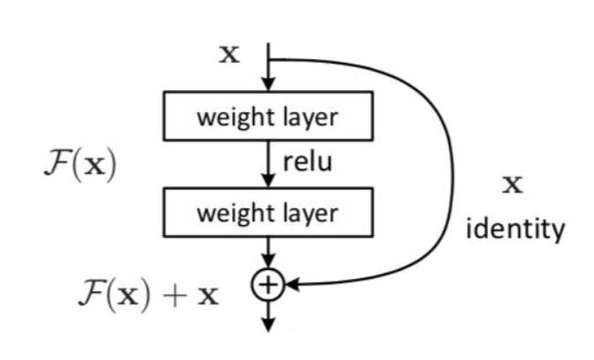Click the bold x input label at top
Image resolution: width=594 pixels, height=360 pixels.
click(x=229, y=55)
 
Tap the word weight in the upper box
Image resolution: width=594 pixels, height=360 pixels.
click(x=227, y=117)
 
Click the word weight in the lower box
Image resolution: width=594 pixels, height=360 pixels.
click(x=227, y=213)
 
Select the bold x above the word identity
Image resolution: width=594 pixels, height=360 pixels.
click(x=513, y=185)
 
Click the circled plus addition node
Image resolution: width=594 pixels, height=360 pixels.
click(x=267, y=284)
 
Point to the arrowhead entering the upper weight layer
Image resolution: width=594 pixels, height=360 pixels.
click(x=267, y=86)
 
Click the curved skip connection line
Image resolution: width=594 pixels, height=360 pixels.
click(x=452, y=168)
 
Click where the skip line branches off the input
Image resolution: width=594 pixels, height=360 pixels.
click(x=267, y=60)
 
